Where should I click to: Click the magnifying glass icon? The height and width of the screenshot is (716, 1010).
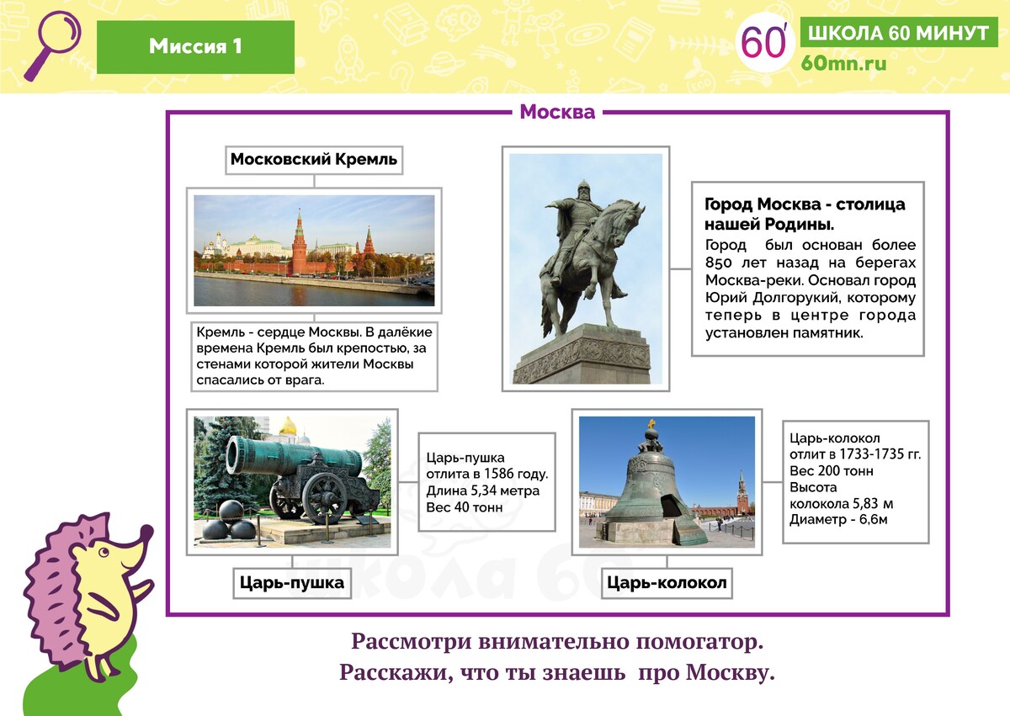coord(53,45)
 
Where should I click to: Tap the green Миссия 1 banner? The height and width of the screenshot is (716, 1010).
coord(195,47)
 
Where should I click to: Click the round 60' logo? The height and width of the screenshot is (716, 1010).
coord(764,42)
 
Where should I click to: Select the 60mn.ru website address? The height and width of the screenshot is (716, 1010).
coord(843,63)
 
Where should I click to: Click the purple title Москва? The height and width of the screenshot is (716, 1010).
coord(557,112)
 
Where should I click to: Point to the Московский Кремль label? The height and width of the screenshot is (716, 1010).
coord(314,160)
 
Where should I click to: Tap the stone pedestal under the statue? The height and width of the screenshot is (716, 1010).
coord(582,354)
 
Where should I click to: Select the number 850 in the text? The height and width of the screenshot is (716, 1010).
coord(718,263)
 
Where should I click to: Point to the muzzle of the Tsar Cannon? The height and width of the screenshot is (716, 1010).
coord(236,455)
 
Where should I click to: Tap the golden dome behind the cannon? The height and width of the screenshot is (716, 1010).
coord(288,426)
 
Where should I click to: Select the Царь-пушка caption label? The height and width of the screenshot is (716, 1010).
coord(292,583)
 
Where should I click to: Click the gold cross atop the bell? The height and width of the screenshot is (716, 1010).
coord(651,423)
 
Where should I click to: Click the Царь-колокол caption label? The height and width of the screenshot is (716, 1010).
coord(667,583)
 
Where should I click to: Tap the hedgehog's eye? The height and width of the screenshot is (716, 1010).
coord(104,552)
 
